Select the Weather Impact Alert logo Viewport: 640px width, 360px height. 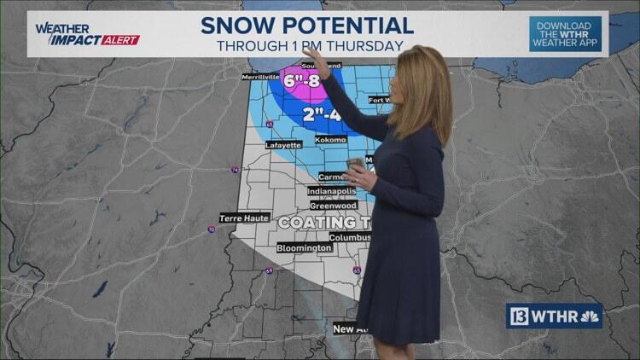click(x=86, y=34)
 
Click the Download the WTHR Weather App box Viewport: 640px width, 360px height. click(x=564, y=34)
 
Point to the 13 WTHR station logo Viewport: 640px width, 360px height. click(x=555, y=316)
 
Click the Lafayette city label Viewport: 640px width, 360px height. click(x=283, y=145)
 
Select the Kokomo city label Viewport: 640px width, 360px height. click(x=330, y=139)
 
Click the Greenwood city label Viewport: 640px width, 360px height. click(x=332, y=206)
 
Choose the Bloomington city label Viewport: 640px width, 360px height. click(x=304, y=247)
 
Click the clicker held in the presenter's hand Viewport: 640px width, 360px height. click(x=355, y=164)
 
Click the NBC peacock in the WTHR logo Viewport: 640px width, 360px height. click(x=589, y=316)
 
